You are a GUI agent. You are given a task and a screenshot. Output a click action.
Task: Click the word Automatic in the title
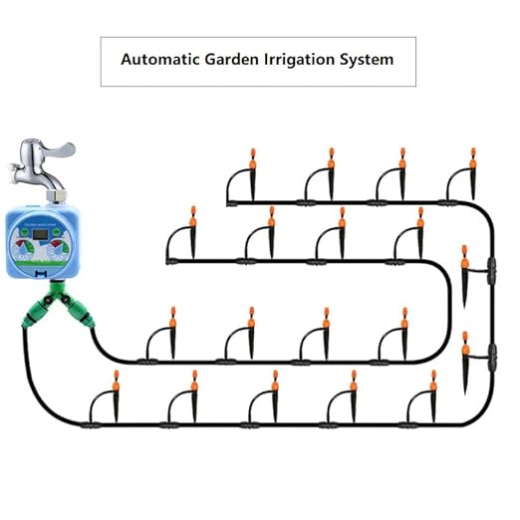157,60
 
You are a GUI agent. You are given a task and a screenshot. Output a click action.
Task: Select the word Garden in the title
230,60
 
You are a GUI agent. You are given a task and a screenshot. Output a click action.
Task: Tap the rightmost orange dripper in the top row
473,157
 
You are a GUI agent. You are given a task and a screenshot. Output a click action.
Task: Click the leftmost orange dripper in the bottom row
116,380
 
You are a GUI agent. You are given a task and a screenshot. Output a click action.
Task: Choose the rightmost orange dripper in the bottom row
433,380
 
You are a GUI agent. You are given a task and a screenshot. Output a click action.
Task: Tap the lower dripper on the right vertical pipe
464,344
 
